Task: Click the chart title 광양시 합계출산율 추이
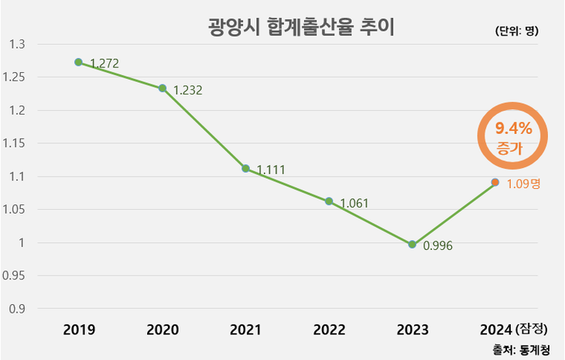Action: point(302,29)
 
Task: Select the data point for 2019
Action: point(78,62)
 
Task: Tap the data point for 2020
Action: point(163,88)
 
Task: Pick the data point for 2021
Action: point(245,168)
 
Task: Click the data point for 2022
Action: point(329,201)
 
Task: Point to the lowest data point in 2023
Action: point(412,244)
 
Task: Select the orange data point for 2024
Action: point(495,183)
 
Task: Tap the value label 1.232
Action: point(187,91)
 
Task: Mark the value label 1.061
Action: point(354,204)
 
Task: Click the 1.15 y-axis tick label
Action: point(14,143)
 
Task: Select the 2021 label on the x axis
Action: point(245,329)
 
